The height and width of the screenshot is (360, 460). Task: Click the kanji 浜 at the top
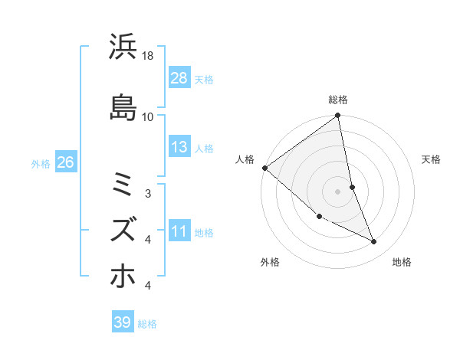coord(123,48)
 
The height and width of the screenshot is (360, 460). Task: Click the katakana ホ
coord(123,277)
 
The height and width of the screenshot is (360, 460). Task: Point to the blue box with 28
coord(179,78)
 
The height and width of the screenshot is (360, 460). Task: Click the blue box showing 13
coord(179,147)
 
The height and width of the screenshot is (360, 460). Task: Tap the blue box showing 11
coord(179,232)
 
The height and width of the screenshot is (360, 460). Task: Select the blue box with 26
coord(65,162)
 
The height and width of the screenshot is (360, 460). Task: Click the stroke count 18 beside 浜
coord(148,57)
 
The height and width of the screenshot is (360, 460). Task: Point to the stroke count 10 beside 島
coord(148,116)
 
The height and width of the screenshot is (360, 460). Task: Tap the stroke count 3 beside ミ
coord(148,194)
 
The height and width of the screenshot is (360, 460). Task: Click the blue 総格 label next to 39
coord(148,324)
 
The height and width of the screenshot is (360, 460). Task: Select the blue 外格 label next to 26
coord(41,163)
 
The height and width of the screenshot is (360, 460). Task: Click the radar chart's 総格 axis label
coord(338,100)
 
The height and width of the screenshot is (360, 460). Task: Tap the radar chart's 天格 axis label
coord(431,159)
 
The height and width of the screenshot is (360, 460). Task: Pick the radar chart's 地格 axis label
coord(402,262)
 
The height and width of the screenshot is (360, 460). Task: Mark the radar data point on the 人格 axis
coord(264,168)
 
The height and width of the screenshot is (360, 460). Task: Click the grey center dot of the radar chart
coord(338,191)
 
